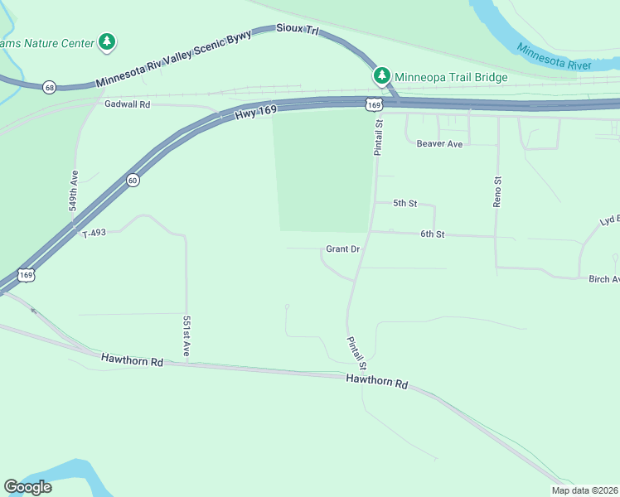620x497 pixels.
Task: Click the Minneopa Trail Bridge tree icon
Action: pos(381,76)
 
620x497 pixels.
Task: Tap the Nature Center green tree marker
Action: pos(106,41)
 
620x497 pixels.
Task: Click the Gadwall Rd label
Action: pos(127,104)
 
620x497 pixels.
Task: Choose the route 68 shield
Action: pos(50,87)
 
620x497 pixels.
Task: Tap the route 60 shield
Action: pos(133,180)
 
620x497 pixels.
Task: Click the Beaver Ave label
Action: pos(439,143)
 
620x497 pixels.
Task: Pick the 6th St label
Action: pos(432,234)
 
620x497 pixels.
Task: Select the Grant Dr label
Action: pos(342,248)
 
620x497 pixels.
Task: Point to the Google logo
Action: pos(27,487)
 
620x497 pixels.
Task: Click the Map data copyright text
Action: pos(584,490)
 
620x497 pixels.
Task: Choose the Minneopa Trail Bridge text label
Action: pos(451,77)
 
